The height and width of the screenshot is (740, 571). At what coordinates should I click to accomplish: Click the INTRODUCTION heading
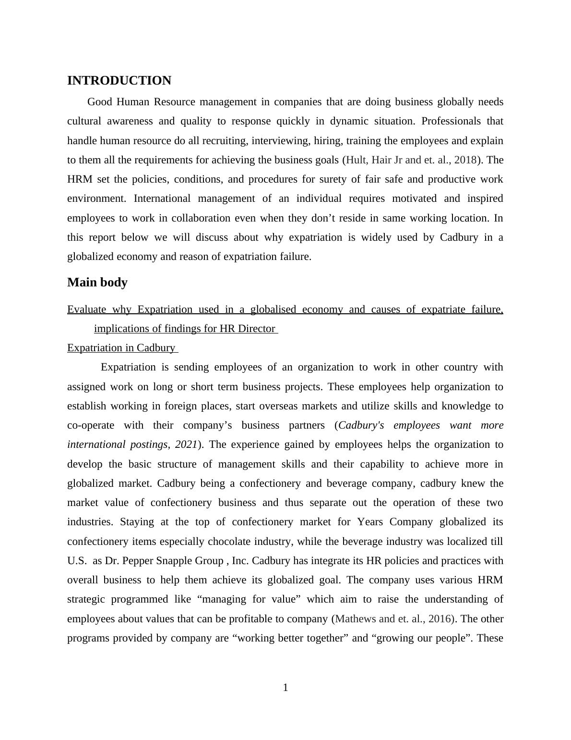pos(119,81)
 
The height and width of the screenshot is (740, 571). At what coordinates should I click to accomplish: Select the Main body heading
pos(97,283)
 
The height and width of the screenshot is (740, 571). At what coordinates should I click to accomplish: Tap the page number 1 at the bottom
pos(285,688)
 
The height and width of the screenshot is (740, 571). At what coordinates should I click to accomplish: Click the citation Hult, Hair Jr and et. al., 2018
pos(411,160)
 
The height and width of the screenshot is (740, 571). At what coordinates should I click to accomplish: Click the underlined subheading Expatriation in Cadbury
pos(122,348)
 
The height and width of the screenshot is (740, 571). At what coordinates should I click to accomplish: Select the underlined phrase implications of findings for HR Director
pos(185,329)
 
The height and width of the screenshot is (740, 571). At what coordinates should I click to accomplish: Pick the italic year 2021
pos(186,444)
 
